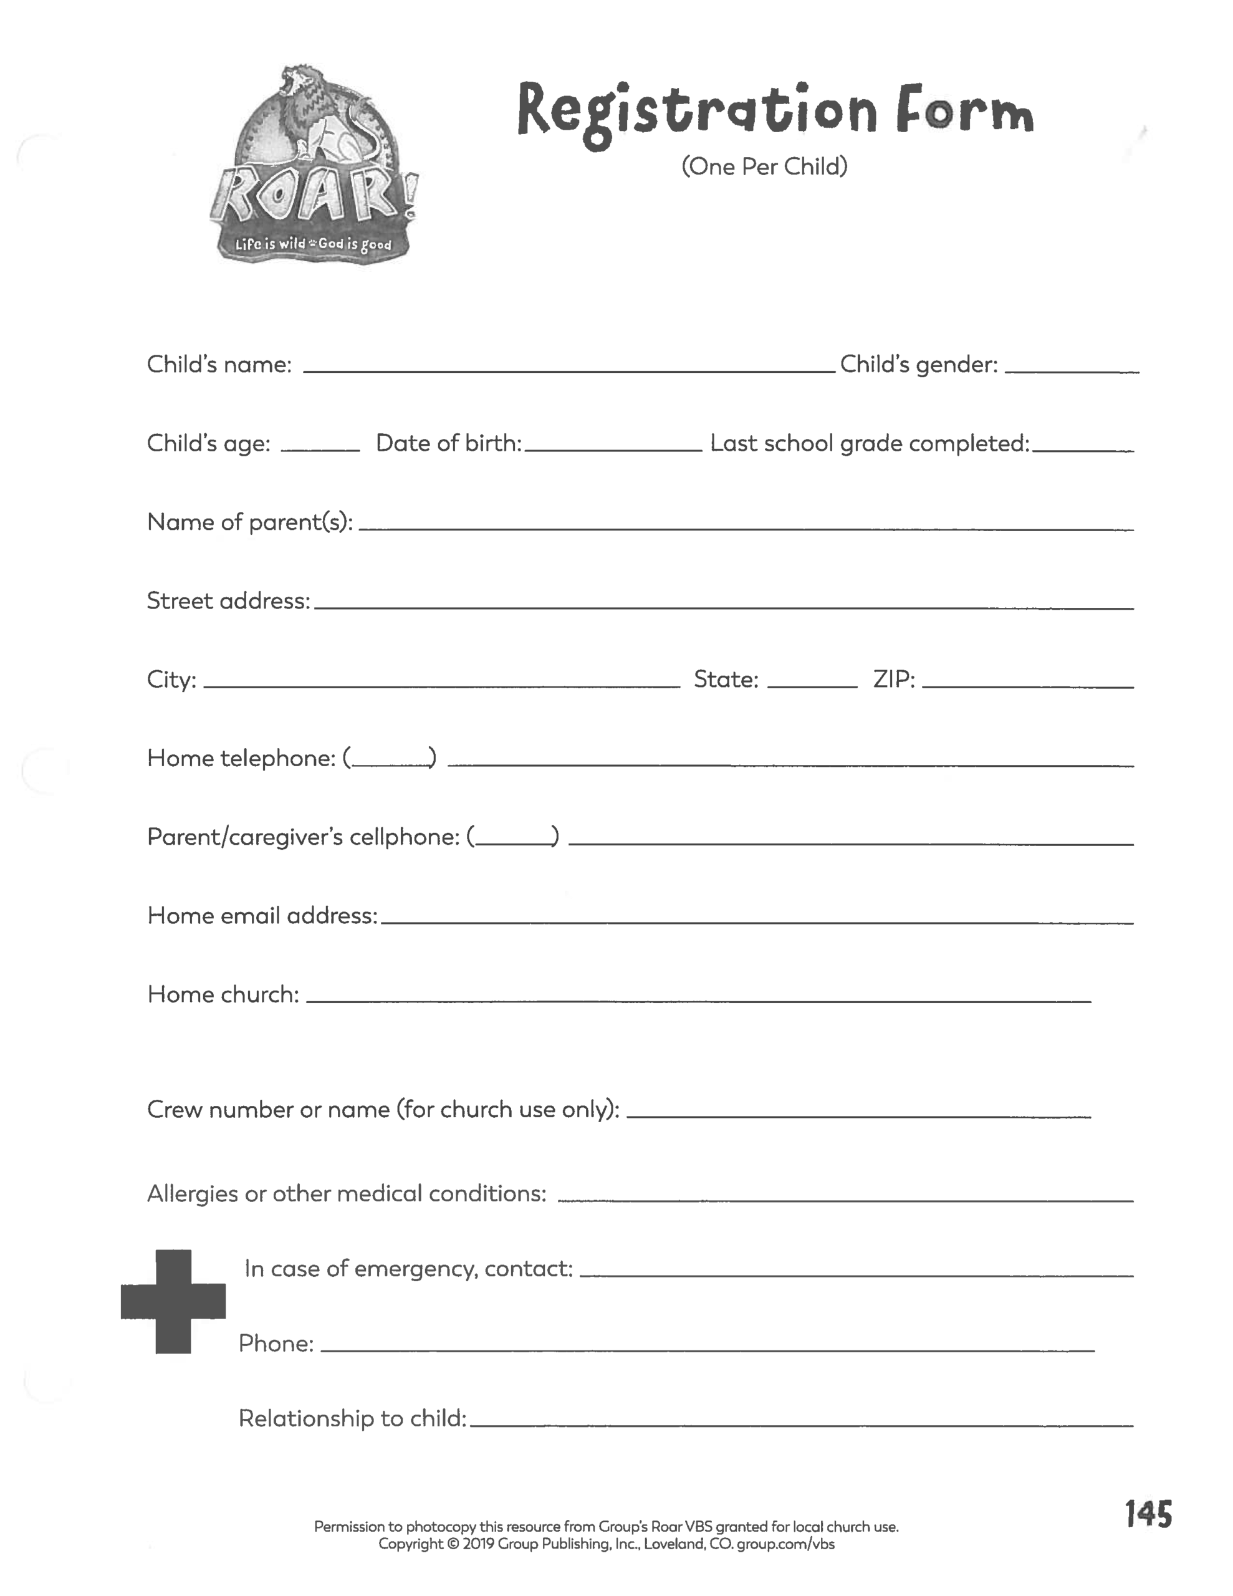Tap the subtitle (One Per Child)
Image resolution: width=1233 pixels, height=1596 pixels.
pos(764,166)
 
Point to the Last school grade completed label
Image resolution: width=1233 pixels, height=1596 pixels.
pos(869,443)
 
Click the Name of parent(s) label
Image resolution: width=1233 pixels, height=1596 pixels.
pos(250,522)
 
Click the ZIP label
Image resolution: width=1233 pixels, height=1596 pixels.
pos(894,680)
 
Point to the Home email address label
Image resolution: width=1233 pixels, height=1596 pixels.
pos(262,916)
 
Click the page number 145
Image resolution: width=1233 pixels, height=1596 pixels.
pos(1148,1514)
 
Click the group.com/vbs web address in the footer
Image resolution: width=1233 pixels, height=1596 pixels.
pos(785,1544)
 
